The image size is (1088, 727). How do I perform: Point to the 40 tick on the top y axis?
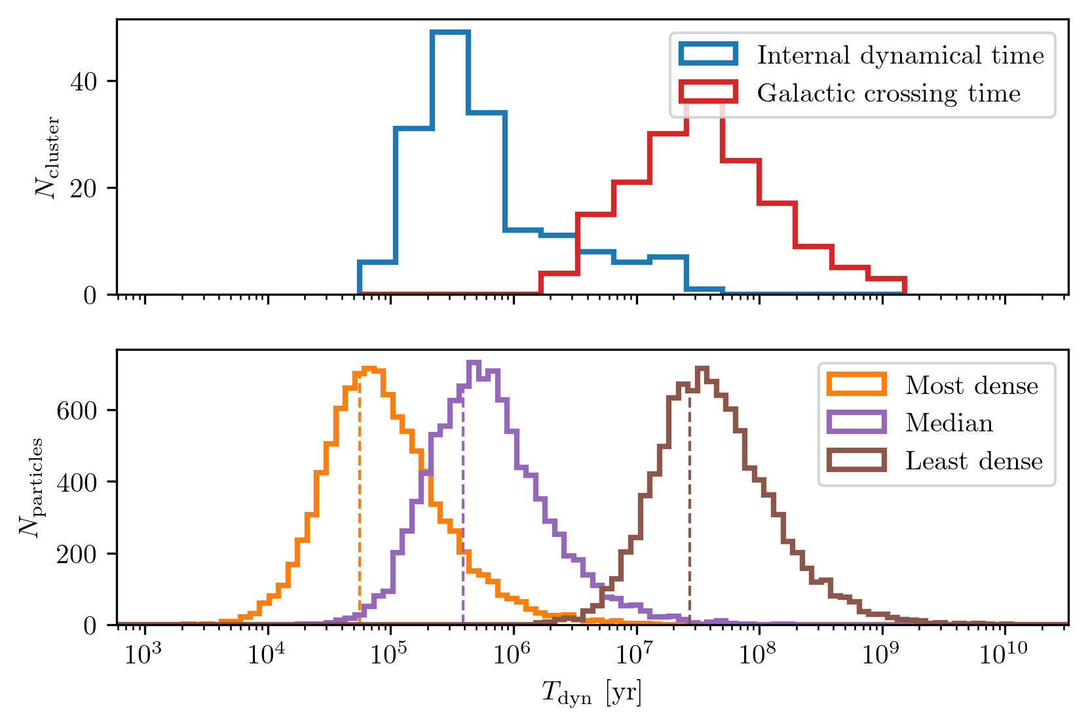click(x=83, y=81)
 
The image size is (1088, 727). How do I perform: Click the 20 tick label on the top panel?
click(x=83, y=188)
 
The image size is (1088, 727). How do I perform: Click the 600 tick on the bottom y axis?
click(x=77, y=410)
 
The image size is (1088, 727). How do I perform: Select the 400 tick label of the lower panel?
click(x=77, y=482)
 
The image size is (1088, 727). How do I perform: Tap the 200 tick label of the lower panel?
click(x=77, y=554)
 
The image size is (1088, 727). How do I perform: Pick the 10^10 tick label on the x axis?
click(x=1002, y=654)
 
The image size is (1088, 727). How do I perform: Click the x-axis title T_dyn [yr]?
click(x=591, y=693)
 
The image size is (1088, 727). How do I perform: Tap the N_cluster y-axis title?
click(x=48, y=157)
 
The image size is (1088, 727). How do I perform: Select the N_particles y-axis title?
click(x=31, y=487)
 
